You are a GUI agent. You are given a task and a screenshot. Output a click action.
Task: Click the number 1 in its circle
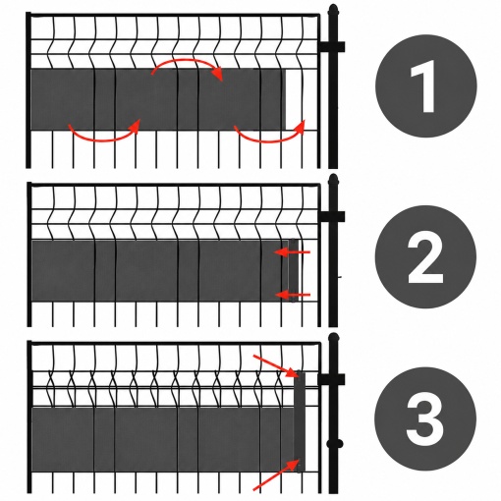click(424, 86)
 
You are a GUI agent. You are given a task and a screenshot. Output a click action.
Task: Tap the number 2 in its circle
click(425, 257)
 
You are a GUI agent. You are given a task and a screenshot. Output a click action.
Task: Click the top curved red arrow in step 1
click(188, 61)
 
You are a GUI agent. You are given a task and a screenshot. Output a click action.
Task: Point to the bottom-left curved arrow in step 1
click(104, 139)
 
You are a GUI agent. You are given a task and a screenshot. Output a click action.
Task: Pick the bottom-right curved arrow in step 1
click(269, 140)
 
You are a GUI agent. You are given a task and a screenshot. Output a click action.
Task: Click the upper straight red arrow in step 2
click(292, 252)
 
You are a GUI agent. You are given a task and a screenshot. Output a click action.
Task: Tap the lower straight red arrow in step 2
click(292, 295)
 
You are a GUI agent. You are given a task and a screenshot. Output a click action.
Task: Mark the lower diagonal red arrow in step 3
click(276, 475)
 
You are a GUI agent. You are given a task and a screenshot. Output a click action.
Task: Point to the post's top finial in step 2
click(333, 179)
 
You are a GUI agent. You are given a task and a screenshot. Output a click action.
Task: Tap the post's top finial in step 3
click(333, 338)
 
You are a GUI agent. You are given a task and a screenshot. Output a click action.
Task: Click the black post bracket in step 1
click(331, 46)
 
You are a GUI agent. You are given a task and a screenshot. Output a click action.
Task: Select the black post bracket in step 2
click(331, 217)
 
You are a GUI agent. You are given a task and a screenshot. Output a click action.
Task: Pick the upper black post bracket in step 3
click(331, 379)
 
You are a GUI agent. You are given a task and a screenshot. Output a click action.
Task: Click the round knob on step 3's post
click(335, 444)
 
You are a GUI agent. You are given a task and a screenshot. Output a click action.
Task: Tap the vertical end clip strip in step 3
click(300, 421)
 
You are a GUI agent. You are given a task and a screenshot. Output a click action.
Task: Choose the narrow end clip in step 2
click(294, 270)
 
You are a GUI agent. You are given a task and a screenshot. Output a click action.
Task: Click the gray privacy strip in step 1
click(158, 99)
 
